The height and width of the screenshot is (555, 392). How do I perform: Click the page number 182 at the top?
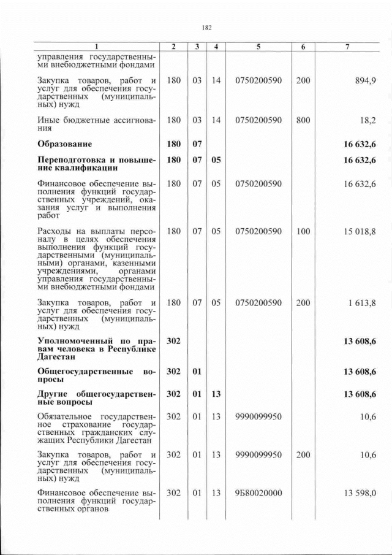coord(206,28)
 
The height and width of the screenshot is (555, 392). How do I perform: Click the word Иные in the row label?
coord(48,120)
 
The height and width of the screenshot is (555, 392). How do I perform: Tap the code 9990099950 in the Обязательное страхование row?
coord(258,416)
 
